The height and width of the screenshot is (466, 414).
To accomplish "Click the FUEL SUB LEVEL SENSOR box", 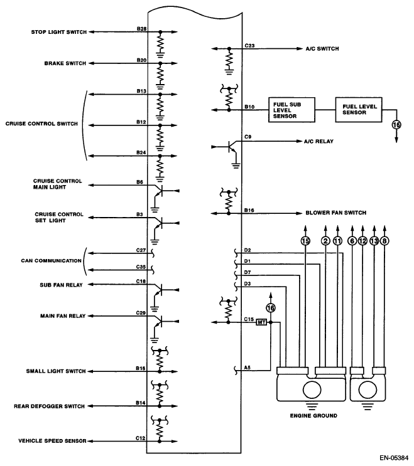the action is pyautogui.click(x=291, y=110).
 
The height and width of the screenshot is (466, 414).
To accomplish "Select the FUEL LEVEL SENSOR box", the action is pyautogui.click(x=359, y=110).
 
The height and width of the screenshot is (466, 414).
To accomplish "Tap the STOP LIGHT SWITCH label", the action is pyautogui.click(x=59, y=32).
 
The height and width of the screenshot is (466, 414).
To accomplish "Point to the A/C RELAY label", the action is pyautogui.click(x=319, y=142).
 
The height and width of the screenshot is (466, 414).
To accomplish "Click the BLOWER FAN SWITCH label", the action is pyautogui.click(x=336, y=213).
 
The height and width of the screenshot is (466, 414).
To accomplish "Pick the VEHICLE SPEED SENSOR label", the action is pyautogui.click(x=52, y=441).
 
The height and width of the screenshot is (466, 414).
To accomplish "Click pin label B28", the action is pyautogui.click(x=142, y=29).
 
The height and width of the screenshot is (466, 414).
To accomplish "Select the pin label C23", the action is pyautogui.click(x=249, y=46).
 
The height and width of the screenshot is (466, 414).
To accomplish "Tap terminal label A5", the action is pyautogui.click(x=248, y=368).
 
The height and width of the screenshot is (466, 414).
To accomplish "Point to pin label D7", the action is pyautogui.click(x=248, y=272).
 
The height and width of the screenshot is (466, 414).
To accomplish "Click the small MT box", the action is pyautogui.click(x=261, y=322).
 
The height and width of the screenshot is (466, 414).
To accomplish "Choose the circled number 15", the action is pyautogui.click(x=305, y=241).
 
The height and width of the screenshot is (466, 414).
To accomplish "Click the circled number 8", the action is pyautogui.click(x=384, y=241).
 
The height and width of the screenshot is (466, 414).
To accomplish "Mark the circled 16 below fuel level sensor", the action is pyautogui.click(x=396, y=125).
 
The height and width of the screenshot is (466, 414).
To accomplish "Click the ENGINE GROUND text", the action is pyautogui.click(x=313, y=416).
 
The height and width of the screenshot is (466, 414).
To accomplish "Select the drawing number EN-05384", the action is pyautogui.click(x=394, y=458).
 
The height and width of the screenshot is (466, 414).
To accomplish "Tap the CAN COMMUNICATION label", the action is pyautogui.click(x=51, y=261).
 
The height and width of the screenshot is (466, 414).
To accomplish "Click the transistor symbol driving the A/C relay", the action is pyautogui.click(x=232, y=147).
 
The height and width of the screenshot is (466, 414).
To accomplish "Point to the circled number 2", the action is pyautogui.click(x=325, y=241).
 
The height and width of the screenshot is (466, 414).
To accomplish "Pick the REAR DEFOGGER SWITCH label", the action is pyautogui.click(x=50, y=406).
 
